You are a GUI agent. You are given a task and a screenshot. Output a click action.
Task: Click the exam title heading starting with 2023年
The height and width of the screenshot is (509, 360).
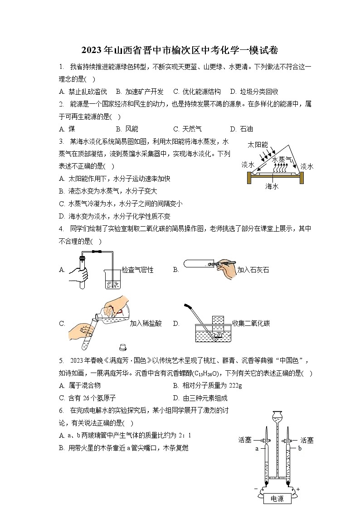pyautogui.click(x=180, y=50)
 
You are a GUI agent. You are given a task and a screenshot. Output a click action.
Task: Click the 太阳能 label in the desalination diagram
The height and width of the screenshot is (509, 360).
pyautogui.click(x=257, y=145)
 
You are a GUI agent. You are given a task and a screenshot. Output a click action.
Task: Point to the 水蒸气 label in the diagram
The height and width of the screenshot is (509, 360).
pyautogui.click(x=282, y=160)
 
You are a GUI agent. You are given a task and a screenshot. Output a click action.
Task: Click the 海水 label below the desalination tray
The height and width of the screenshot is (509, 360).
pyautogui.click(x=272, y=186)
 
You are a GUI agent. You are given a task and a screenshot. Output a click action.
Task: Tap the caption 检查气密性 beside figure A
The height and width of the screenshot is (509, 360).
pyautogui.click(x=138, y=270)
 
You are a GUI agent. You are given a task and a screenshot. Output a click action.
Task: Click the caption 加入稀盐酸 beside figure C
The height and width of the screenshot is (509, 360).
pyautogui.click(x=146, y=323)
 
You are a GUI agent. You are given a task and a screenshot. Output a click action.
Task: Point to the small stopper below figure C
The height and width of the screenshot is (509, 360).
pyautogui.click(x=122, y=348)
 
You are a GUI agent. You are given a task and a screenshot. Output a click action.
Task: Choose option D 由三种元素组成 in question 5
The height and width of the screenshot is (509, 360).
pyautogui.click(x=200, y=398)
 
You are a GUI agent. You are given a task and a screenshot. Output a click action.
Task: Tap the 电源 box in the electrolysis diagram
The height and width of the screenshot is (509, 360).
pyautogui.click(x=277, y=499)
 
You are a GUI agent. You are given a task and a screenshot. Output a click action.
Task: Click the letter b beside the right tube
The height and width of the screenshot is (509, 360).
pyautogui.click(x=300, y=448)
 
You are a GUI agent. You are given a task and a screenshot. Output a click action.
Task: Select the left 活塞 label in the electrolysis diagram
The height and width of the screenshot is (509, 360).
pyautogui.click(x=245, y=440)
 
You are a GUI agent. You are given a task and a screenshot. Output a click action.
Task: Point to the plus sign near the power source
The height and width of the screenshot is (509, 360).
pyautogui.click(x=298, y=489)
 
